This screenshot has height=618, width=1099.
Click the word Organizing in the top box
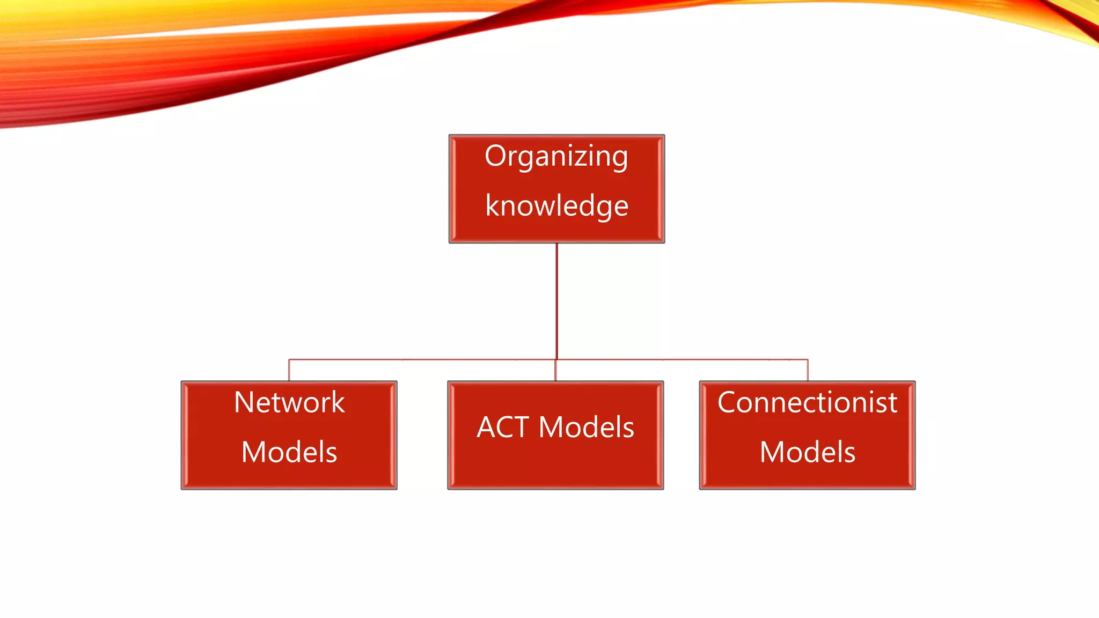point(556,157)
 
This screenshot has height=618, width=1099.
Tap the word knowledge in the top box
point(556,206)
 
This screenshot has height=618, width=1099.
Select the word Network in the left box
point(289,402)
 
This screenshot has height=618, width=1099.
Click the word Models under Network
point(289,452)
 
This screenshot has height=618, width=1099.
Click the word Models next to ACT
point(586,428)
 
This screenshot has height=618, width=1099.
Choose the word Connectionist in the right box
point(807,402)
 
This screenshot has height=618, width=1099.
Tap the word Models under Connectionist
point(807,452)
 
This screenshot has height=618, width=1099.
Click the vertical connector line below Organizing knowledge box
point(556,300)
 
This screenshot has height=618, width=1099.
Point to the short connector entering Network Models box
point(289,370)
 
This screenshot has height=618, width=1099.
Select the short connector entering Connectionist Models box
point(808,370)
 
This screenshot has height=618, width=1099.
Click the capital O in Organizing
point(495,156)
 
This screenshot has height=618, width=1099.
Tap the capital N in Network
point(244,402)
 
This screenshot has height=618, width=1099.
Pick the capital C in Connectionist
point(728,402)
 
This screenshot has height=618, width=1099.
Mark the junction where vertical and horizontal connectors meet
point(556,359)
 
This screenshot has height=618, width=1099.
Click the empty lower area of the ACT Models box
point(555,467)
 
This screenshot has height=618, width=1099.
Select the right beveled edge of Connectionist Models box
point(912,435)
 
